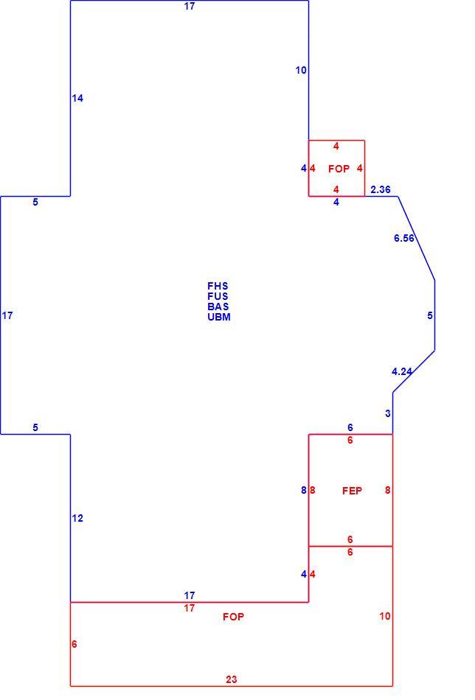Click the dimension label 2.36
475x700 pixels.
[x=381, y=189]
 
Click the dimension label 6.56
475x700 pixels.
[x=404, y=239]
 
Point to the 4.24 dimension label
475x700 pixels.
[x=402, y=371]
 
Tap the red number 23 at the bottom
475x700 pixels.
[x=232, y=679]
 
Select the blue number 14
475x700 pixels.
[x=77, y=98]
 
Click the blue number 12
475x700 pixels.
[x=77, y=518]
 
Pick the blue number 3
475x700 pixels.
[x=388, y=414]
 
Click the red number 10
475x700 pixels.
[x=385, y=617]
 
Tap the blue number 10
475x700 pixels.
[x=301, y=70]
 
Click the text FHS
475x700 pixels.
[x=218, y=286]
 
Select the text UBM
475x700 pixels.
[x=219, y=317]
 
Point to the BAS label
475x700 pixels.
[x=218, y=307]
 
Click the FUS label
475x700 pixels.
[x=218, y=296]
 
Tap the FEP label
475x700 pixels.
[x=352, y=491]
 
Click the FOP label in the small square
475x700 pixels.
[x=339, y=169]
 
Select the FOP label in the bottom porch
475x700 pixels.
[x=233, y=617]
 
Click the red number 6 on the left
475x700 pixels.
[x=74, y=644]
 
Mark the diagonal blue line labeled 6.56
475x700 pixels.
[x=417, y=239]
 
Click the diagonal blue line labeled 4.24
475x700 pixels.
[x=414, y=371]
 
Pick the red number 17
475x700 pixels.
[x=190, y=608]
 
